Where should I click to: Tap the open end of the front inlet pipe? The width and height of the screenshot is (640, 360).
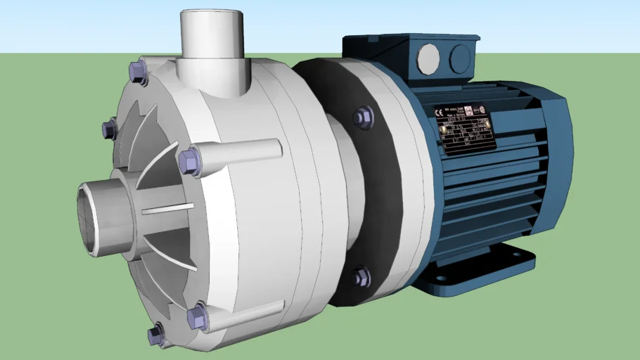[x=89, y=217]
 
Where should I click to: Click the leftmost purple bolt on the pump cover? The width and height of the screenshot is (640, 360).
[x=109, y=129]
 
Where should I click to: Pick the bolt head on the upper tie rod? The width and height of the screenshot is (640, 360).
[x=189, y=161]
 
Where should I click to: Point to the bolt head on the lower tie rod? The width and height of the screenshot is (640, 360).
[x=198, y=317]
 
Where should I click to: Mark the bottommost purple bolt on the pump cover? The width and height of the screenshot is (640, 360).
[x=155, y=335]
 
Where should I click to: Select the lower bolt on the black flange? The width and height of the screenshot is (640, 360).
[x=361, y=276]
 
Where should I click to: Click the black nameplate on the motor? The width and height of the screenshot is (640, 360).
[x=465, y=127]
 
